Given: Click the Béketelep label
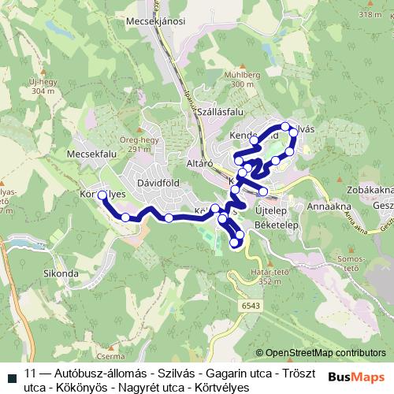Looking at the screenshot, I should tap(273, 225).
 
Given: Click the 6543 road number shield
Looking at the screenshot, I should tap(251, 306).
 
